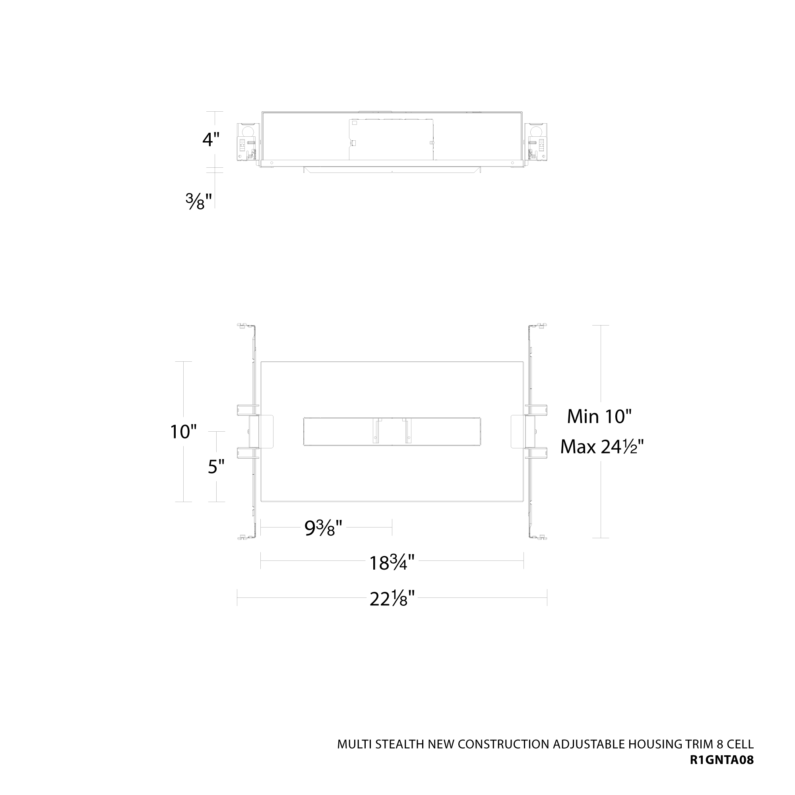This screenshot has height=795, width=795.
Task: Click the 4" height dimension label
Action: point(211,140)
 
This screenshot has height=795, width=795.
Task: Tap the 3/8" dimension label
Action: point(199,202)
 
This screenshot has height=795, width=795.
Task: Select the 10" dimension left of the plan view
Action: point(183,432)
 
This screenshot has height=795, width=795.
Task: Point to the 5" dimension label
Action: point(216,467)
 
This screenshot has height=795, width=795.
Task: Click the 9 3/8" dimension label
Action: point(324,528)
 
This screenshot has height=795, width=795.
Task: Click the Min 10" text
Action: point(599,417)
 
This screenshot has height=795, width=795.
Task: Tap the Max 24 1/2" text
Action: point(601,446)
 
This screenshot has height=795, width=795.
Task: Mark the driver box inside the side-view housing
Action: point(391,140)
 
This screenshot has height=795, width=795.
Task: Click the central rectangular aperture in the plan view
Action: point(392,431)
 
